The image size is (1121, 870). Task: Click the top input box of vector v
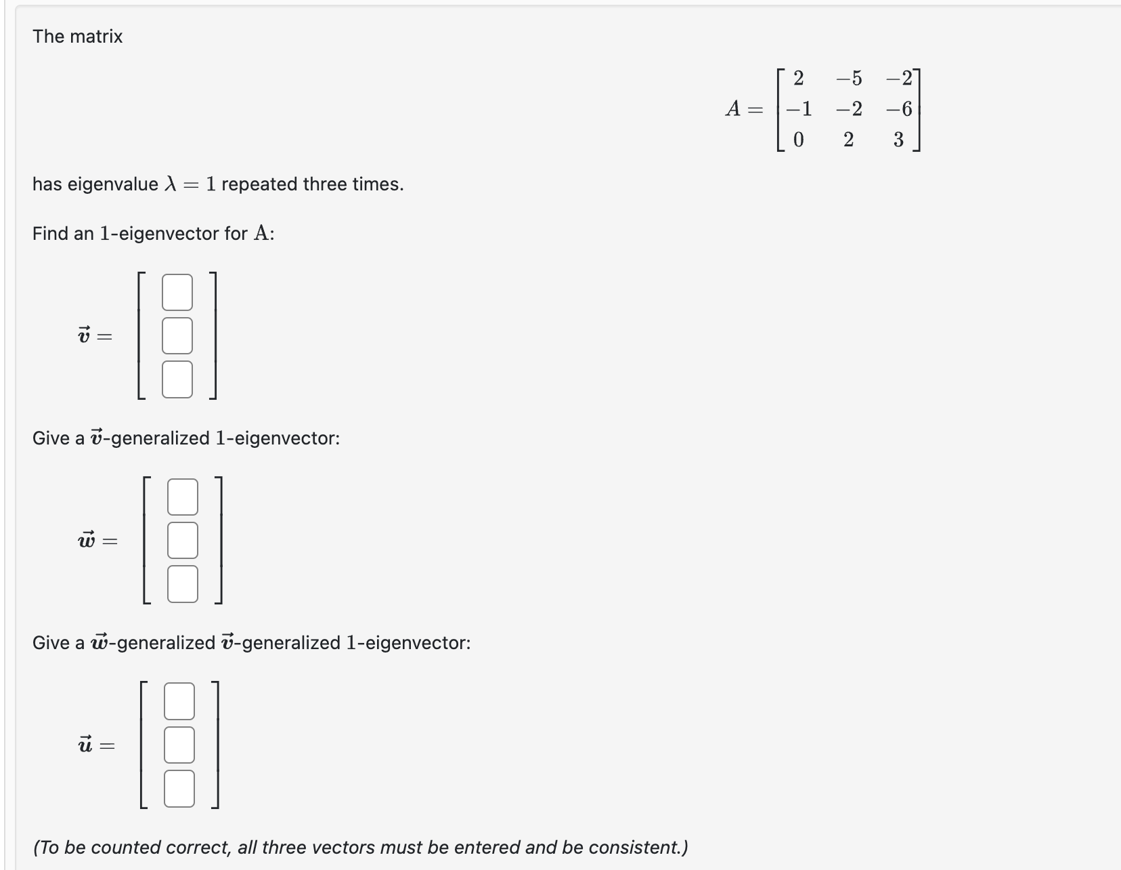pyautogui.click(x=177, y=292)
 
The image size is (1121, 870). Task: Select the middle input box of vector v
pyautogui.click(x=177, y=335)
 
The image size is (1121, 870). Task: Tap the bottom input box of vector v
pyautogui.click(x=177, y=379)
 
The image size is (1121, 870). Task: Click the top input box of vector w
pyautogui.click(x=183, y=497)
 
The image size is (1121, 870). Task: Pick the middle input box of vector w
pyautogui.click(x=183, y=540)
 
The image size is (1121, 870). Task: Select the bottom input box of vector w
pyautogui.click(x=183, y=583)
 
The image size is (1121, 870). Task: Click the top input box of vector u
pyautogui.click(x=179, y=701)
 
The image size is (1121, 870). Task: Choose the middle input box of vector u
pyautogui.click(x=179, y=745)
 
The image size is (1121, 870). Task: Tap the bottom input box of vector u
pyautogui.click(x=179, y=788)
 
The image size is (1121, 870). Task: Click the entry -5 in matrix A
pyautogui.click(x=849, y=79)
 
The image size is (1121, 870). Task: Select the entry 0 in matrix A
pyautogui.click(x=798, y=140)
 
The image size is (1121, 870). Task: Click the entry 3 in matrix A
pyautogui.click(x=898, y=140)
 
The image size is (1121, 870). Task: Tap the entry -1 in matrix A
pyautogui.click(x=798, y=109)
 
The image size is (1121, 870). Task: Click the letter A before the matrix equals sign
pyautogui.click(x=733, y=108)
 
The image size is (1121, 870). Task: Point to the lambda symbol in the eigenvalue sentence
pyautogui.click(x=171, y=184)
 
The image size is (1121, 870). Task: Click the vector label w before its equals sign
pyautogui.click(x=87, y=540)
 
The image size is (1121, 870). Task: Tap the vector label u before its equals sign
pyautogui.click(x=85, y=745)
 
